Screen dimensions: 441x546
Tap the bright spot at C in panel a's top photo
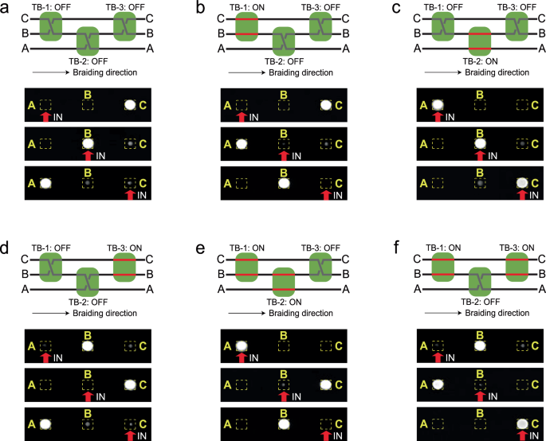tap(129, 104)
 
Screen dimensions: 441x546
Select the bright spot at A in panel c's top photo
tap(436, 104)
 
